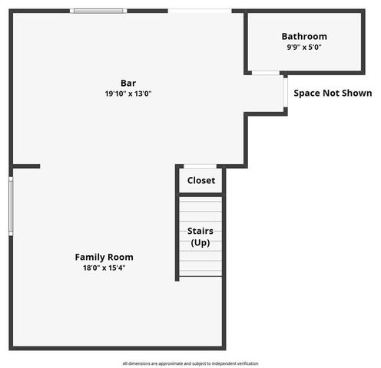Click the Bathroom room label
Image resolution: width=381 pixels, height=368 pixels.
click(x=304, y=36)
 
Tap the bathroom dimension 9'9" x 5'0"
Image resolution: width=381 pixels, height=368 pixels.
click(x=304, y=47)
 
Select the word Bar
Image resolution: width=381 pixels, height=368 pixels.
click(x=128, y=83)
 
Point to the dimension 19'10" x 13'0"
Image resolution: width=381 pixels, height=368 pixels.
click(x=128, y=94)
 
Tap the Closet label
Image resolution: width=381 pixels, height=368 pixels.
click(x=201, y=182)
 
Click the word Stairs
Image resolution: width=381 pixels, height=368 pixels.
click(x=200, y=231)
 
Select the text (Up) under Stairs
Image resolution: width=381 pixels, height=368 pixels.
click(x=200, y=242)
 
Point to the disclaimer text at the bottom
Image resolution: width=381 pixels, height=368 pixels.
click(x=190, y=363)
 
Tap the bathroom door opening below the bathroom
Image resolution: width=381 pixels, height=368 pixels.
click(x=265, y=73)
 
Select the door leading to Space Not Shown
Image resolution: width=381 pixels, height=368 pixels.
click(x=285, y=93)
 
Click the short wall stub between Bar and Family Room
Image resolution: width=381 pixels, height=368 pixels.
click(x=25, y=166)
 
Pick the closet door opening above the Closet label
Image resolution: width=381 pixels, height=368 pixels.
click(x=201, y=166)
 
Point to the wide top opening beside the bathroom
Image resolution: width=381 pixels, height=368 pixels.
click(x=200, y=11)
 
